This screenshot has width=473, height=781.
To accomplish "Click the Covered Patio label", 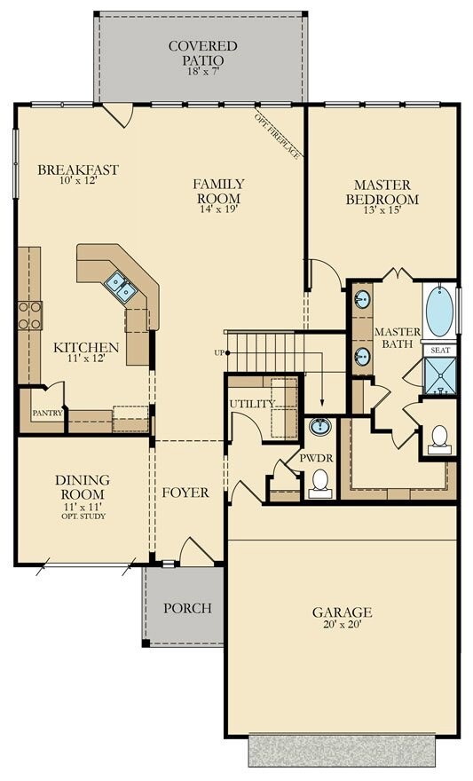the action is [x=202, y=53].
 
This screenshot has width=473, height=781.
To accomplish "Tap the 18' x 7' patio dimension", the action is [x=202, y=71].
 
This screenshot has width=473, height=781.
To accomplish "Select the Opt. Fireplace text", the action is [x=277, y=136].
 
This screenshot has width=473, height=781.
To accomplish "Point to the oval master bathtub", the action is [x=439, y=311].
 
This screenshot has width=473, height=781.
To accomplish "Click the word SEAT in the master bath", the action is [x=440, y=351].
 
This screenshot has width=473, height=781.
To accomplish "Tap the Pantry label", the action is [x=47, y=413].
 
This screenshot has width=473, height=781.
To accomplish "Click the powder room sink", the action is [x=320, y=427].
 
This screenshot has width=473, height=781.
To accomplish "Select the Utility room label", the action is [x=252, y=404].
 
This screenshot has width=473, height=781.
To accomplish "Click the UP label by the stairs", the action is [x=219, y=352].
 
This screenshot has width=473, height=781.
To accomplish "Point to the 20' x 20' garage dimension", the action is [x=342, y=625].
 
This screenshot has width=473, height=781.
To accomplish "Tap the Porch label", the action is [x=188, y=608].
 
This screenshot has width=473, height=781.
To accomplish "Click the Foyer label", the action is [x=185, y=493].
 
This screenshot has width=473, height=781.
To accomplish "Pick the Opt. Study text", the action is [x=83, y=517].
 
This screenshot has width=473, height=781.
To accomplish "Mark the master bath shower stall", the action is [x=439, y=376].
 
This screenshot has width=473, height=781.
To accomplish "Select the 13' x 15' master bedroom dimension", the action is [x=382, y=210].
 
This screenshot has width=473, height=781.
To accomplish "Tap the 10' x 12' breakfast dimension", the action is [x=78, y=181].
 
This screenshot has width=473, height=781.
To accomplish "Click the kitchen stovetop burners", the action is [x=30, y=316].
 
